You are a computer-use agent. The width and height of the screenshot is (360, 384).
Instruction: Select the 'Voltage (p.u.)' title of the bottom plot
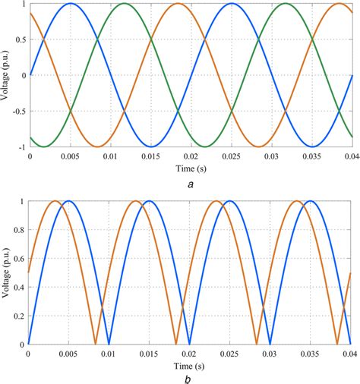point(7,272)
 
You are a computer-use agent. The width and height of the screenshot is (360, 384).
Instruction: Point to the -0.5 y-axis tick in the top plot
point(17,112)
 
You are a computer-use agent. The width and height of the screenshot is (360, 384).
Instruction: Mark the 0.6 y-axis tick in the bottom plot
point(19,259)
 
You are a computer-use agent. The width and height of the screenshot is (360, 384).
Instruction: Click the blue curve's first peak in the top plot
point(70,4)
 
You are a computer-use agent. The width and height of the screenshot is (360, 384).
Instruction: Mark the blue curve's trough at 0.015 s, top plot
point(150,146)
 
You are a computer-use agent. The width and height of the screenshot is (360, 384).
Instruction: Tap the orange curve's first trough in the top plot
point(96,146)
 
